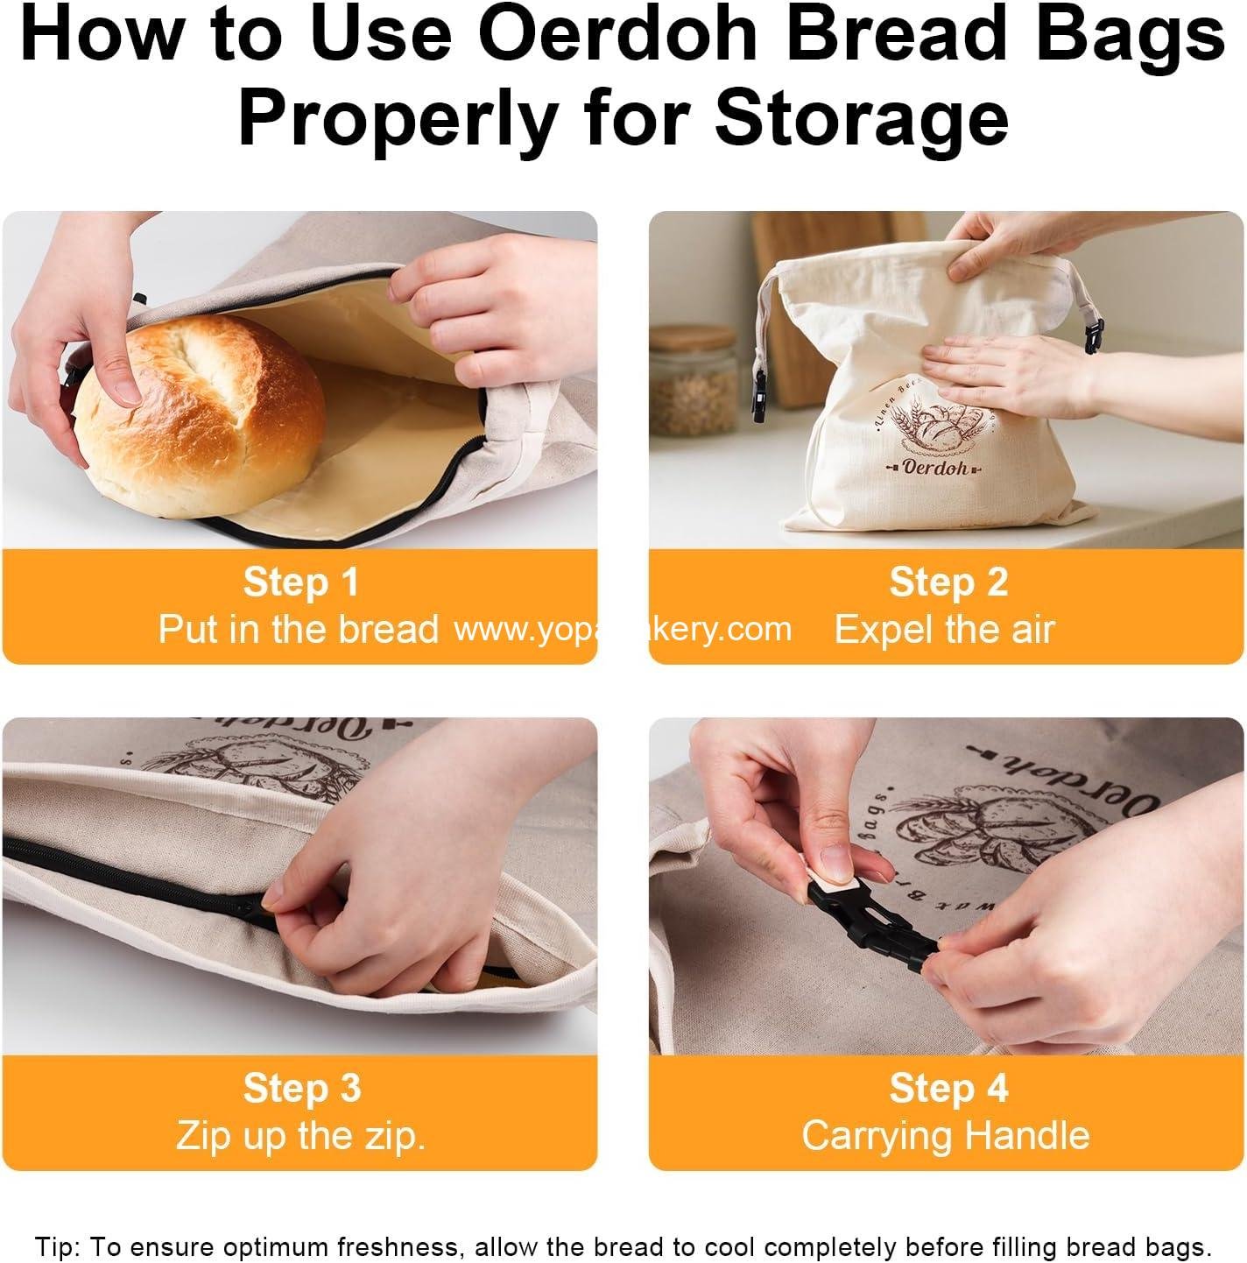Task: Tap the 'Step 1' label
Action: pos(300,582)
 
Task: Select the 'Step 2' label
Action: pos(948,582)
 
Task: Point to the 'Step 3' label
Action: pos(301,1089)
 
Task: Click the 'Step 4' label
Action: pos(948,1089)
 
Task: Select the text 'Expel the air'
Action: pos(944,630)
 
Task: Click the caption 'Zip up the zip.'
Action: pos(300,1136)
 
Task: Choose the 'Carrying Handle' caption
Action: pos(946,1136)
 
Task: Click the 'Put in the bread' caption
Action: pos(298,630)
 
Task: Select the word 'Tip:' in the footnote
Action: pos(60,1245)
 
